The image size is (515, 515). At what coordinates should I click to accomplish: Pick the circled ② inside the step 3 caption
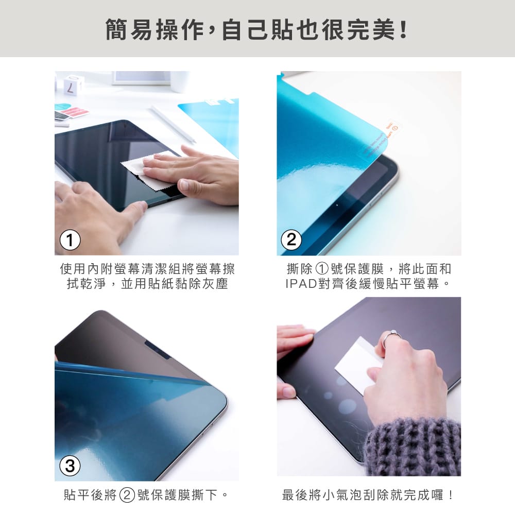127,496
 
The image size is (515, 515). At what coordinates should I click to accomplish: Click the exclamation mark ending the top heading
403,30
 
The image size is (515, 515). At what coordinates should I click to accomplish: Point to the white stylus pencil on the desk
173,124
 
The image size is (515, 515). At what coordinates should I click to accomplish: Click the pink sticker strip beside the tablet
77,112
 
